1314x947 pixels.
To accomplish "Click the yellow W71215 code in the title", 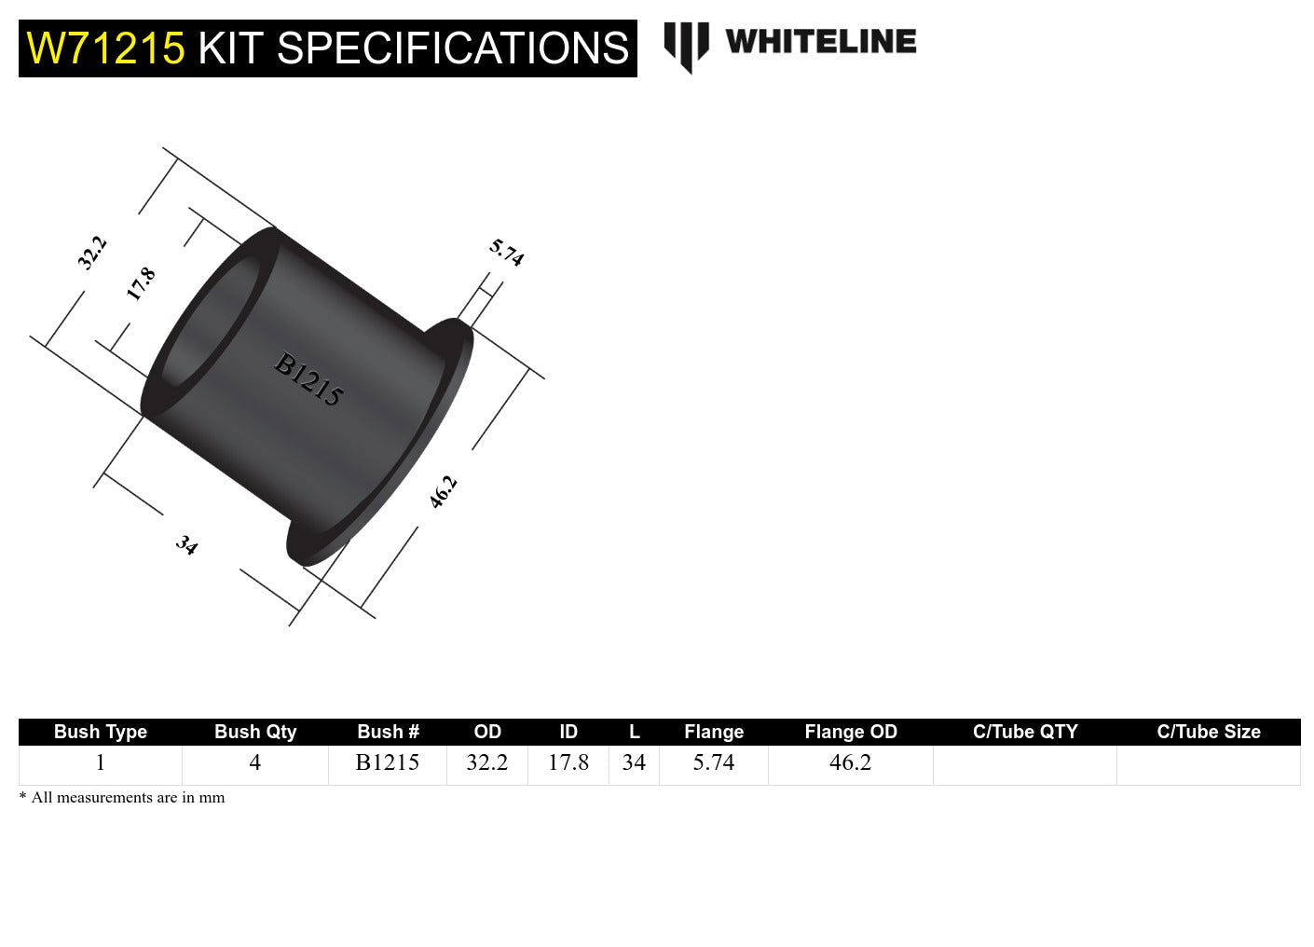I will pyautogui.click(x=105, y=48).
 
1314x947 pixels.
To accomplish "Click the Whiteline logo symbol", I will pyautogui.click(x=686, y=46).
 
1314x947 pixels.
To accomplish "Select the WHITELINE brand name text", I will pyautogui.click(x=820, y=42).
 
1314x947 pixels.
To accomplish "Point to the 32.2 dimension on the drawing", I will pyautogui.click(x=92, y=253).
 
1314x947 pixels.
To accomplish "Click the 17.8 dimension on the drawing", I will pyautogui.click(x=141, y=283).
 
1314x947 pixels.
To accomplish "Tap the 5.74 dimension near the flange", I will pyautogui.click(x=506, y=253).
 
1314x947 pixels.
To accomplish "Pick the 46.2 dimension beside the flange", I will pyautogui.click(x=443, y=491).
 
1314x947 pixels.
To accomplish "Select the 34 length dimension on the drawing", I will pyautogui.click(x=186, y=544).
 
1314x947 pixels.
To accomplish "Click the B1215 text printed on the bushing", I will pyautogui.click(x=308, y=379).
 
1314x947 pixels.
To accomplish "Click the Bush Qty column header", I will pyautogui.click(x=255, y=732).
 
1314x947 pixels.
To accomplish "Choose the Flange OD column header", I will pyautogui.click(x=850, y=732).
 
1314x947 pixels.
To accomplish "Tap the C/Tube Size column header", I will pyautogui.click(x=1208, y=732).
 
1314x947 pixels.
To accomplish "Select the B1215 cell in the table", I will pyautogui.click(x=387, y=762).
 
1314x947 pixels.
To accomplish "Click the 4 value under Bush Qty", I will pyautogui.click(x=254, y=762).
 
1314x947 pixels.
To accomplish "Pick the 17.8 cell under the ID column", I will pyautogui.click(x=568, y=762).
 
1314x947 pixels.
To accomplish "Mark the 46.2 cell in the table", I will pyautogui.click(x=850, y=762).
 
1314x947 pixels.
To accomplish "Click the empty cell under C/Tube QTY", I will pyautogui.click(x=1024, y=764).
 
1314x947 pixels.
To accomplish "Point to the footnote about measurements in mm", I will pyautogui.click(x=122, y=798).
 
